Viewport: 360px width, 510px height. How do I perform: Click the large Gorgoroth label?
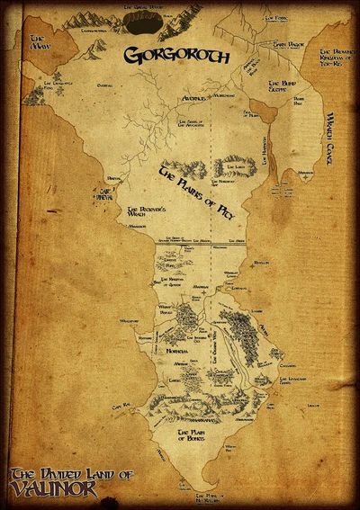(180, 57)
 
